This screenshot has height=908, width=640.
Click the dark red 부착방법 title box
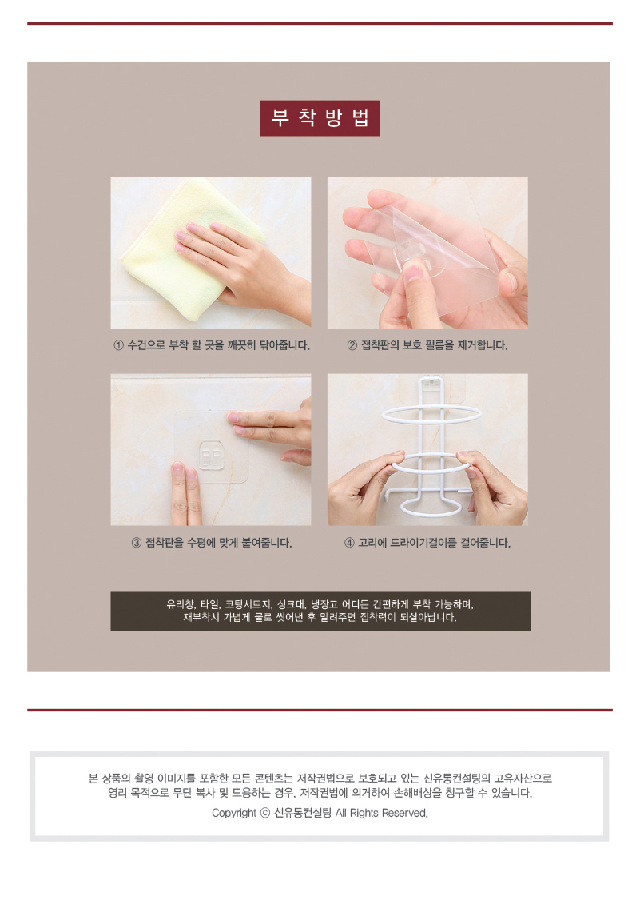320,118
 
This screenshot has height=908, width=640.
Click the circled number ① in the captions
118,346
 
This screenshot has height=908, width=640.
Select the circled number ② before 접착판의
352,346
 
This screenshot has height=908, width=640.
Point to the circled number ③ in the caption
137,544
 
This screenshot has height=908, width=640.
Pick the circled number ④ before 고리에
349,544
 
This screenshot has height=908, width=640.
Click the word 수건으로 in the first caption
146,346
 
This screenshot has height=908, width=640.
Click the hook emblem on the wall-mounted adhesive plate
212,455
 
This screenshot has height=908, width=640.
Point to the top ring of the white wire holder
431,415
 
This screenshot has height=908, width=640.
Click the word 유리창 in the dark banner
180,604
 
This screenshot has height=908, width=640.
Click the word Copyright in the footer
234,813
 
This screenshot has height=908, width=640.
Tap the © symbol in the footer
265,813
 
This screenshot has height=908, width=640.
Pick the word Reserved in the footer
404,813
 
